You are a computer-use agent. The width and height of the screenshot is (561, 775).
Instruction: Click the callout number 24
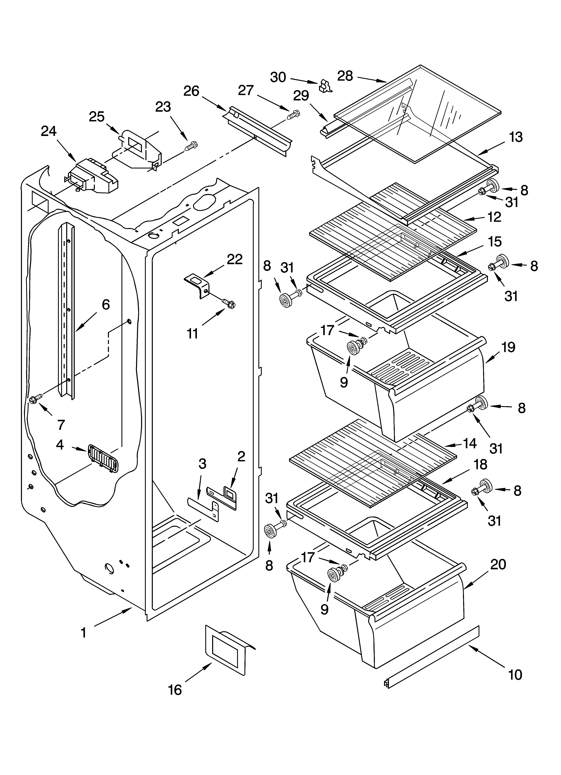(49, 131)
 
